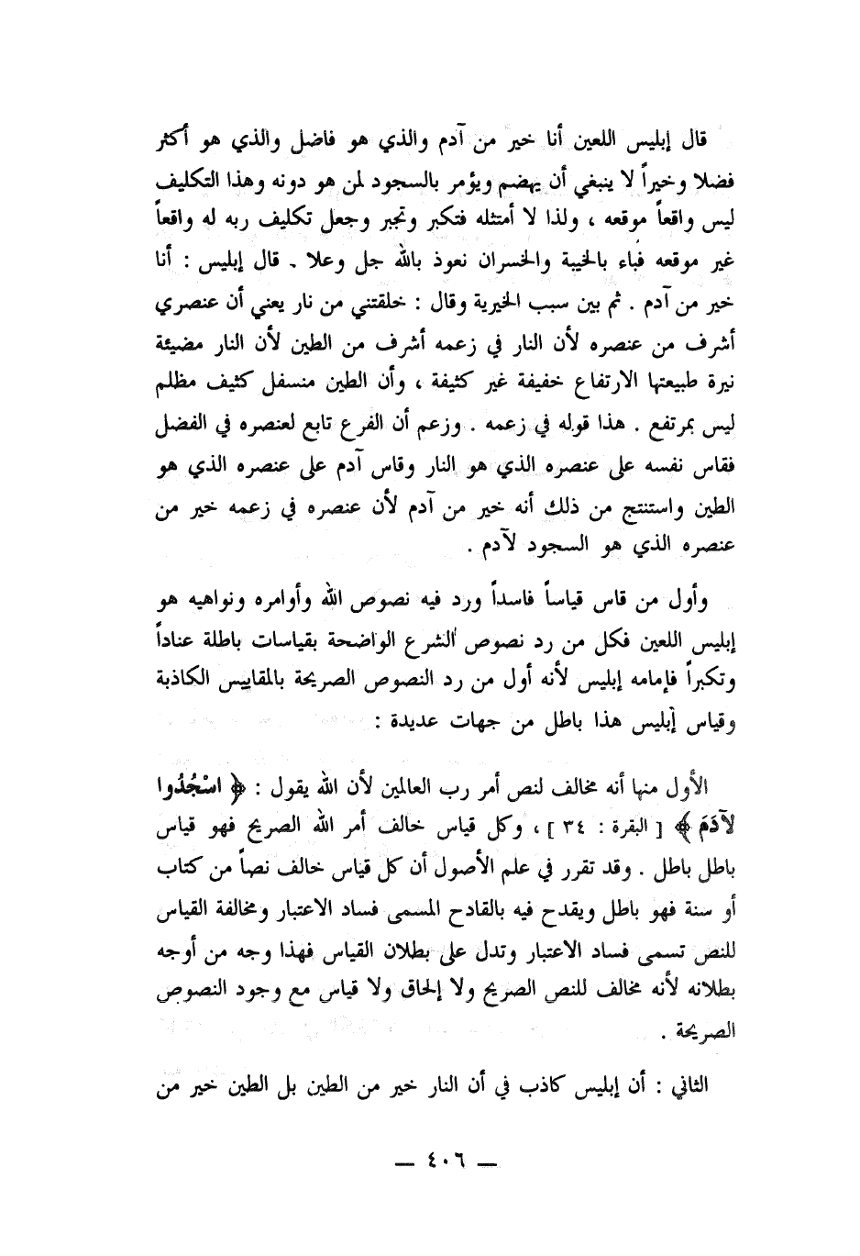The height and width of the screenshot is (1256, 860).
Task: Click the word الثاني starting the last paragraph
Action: pyautogui.click(x=705, y=1086)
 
